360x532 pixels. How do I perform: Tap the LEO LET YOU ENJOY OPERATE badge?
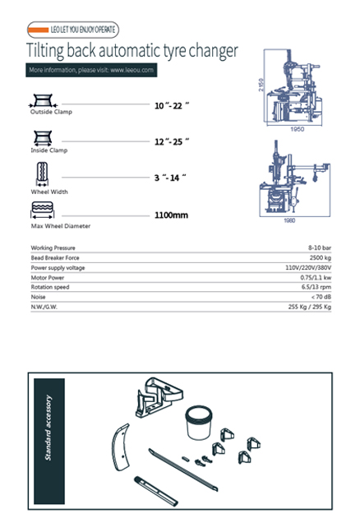pos(72,30)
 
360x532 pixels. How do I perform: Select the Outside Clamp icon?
pos(41,100)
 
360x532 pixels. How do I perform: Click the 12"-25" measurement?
pos(172,142)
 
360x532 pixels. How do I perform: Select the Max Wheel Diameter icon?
pos(42,210)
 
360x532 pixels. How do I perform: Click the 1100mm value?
pos(172,215)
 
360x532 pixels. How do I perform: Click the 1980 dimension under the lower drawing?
pos(290,220)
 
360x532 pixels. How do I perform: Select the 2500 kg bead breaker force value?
pos(320,257)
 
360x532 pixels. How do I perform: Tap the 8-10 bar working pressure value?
pos(320,247)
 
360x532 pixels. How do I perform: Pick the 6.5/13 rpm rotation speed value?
pos(316,287)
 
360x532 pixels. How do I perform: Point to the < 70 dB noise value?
pos(321,297)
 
